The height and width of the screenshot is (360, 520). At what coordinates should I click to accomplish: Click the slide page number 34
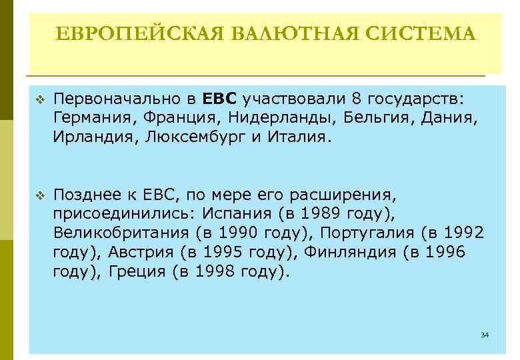(484, 333)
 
